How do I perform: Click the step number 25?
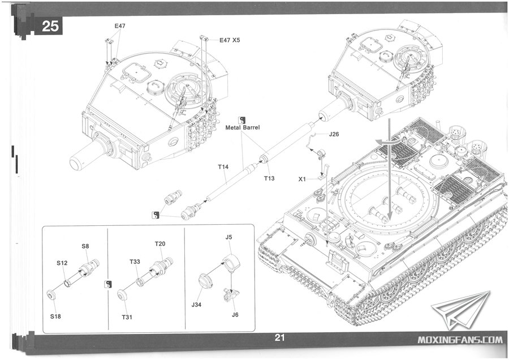(x=50, y=26)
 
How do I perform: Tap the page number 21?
(x=279, y=337)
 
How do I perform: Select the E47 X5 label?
(x=230, y=40)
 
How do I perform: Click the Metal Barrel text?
(x=243, y=128)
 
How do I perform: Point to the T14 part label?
(x=223, y=167)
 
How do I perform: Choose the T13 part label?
(x=269, y=178)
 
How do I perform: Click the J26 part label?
(x=334, y=134)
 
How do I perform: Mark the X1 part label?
(x=302, y=179)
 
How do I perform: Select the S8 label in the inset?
(x=85, y=246)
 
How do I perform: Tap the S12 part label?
(x=62, y=263)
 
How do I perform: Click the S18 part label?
(x=55, y=316)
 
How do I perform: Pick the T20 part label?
(x=160, y=244)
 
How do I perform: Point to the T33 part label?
(x=135, y=262)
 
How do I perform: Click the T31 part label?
(x=127, y=317)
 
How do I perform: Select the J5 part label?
(x=229, y=237)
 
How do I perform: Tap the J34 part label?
(x=196, y=305)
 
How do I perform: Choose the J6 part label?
(x=235, y=315)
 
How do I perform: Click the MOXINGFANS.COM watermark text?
(x=460, y=340)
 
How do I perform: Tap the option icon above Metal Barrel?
(x=242, y=119)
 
